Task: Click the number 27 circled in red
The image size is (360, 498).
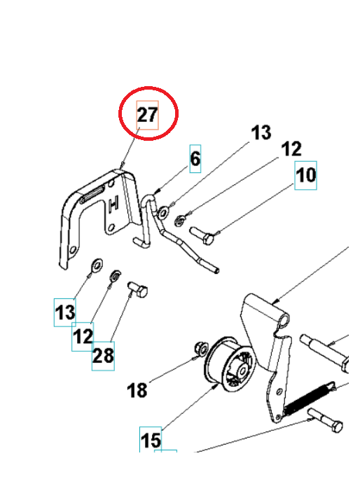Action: [x=147, y=116]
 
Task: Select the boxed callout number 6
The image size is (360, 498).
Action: [x=195, y=159]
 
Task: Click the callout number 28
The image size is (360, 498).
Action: [x=103, y=355]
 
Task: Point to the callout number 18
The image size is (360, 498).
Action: [x=137, y=389]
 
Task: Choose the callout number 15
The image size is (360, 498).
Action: [x=151, y=440]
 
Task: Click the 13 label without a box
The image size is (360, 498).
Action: [x=261, y=132]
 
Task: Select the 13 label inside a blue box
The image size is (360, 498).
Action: [x=65, y=312]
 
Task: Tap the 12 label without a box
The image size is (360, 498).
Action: [x=291, y=148]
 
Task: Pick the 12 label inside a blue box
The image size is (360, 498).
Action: [x=83, y=336]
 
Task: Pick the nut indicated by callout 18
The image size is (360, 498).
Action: [x=198, y=348]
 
